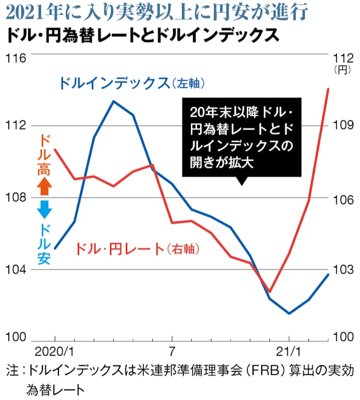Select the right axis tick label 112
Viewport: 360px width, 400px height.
tap(342, 57)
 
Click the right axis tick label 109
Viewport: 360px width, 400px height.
tap(342, 126)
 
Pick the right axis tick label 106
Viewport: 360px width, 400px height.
tap(342, 199)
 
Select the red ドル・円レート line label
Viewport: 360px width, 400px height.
tap(137, 249)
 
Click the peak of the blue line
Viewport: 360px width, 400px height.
tap(114, 101)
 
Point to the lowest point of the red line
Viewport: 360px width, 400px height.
tap(269, 292)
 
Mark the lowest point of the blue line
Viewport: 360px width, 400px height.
tap(289, 313)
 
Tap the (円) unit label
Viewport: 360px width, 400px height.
tap(342, 69)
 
